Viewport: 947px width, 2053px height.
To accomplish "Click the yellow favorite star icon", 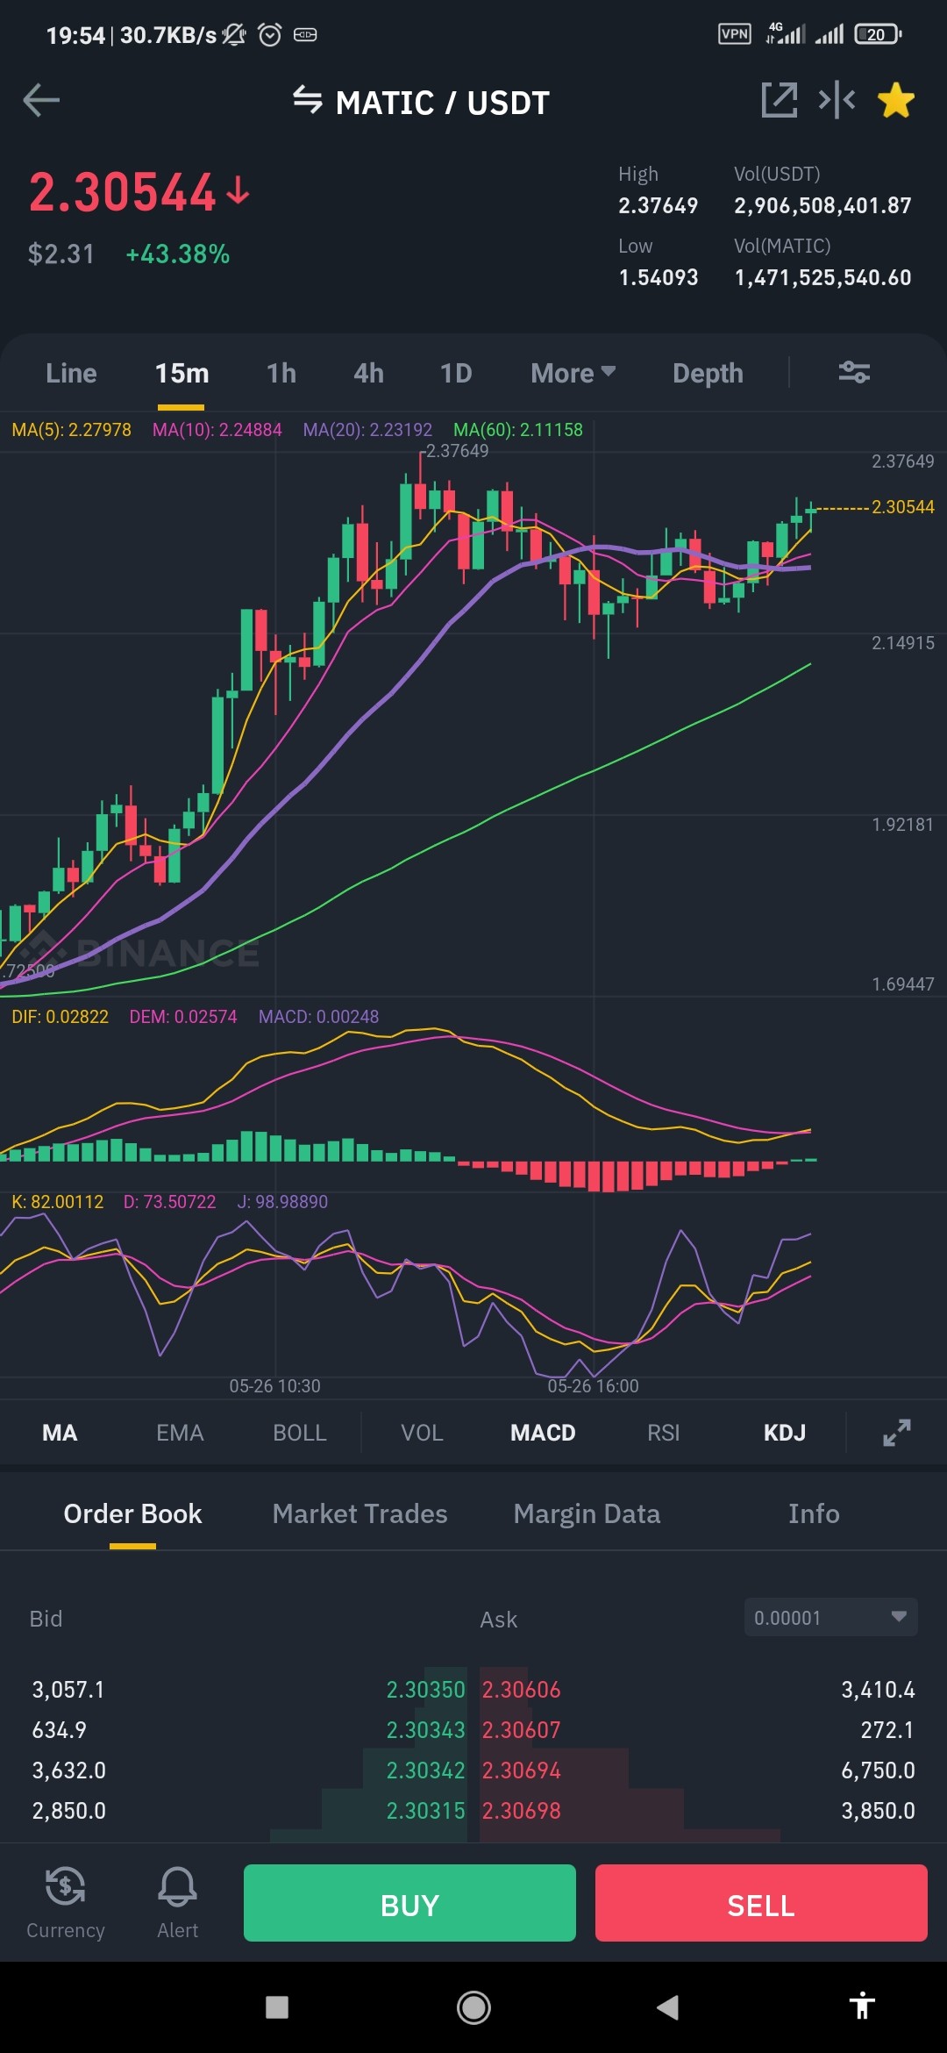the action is [896, 100].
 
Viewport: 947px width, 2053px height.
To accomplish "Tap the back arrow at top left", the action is [41, 100].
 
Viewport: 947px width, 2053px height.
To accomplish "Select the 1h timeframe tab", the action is [281, 373].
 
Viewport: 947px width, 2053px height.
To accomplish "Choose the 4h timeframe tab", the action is [369, 373].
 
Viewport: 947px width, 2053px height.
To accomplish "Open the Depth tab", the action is [708, 374].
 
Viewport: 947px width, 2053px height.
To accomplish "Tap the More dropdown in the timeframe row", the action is [573, 373].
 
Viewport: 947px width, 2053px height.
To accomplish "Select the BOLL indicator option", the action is [300, 1433].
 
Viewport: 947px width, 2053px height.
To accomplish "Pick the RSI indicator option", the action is [664, 1433].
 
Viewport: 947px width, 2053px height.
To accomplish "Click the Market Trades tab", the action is [360, 1513].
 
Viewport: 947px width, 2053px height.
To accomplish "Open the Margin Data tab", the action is [587, 1514].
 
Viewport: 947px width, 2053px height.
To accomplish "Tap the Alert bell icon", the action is [177, 1885].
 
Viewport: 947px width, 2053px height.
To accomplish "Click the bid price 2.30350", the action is [426, 1690].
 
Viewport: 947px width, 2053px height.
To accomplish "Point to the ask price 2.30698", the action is [522, 1811].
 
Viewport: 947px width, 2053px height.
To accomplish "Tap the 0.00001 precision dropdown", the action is [830, 1617].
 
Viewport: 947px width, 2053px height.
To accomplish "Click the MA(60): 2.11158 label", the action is [518, 430].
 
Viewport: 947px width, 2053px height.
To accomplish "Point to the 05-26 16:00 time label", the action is [594, 1386].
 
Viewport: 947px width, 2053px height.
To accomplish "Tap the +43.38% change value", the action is [178, 254].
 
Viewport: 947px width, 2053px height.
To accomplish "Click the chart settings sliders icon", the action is [854, 373].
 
